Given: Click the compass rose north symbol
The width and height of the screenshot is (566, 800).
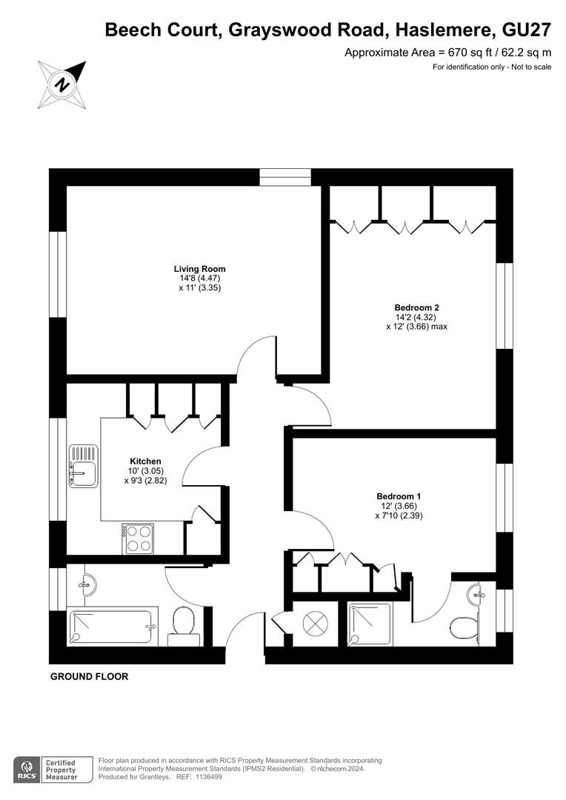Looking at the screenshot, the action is click(x=62, y=84).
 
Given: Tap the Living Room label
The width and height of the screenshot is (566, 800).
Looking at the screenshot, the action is click(x=199, y=269).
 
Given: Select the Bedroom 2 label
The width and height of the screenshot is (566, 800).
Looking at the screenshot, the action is click(x=416, y=307).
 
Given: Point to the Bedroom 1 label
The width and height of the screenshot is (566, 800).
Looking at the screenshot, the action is click(x=399, y=496).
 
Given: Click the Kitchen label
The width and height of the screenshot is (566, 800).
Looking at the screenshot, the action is click(x=145, y=461).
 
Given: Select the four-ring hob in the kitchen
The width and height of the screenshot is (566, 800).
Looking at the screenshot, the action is click(x=138, y=539).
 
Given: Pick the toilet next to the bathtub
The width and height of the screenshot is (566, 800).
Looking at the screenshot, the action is click(x=183, y=626).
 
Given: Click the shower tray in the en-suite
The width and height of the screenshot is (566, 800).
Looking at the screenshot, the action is click(x=370, y=625).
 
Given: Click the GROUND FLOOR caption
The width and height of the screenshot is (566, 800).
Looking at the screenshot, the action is click(x=90, y=676).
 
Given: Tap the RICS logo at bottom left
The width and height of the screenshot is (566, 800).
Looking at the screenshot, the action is click(x=27, y=770).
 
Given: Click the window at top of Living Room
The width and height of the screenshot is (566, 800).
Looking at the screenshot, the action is click(x=284, y=177).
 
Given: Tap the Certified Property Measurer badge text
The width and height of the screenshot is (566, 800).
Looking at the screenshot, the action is click(x=61, y=770).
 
